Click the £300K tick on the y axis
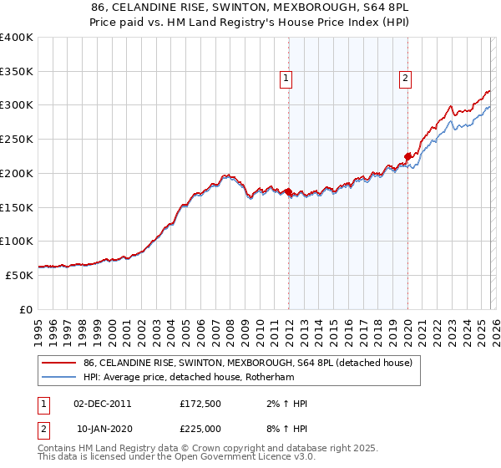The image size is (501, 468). pos(17,105)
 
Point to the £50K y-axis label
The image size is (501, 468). pos(19,275)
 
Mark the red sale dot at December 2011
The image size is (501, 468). pos(288,192)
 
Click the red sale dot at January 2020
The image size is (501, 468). pos(407,156)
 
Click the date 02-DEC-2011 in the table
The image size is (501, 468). pos(103,404)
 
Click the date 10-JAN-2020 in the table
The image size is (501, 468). pos(103,429)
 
